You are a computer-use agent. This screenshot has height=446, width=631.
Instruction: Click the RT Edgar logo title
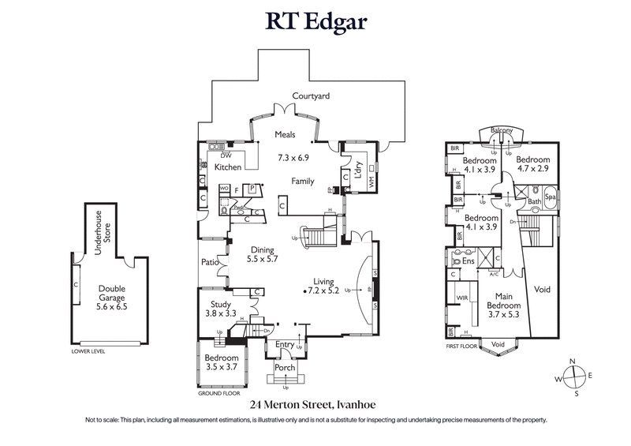(x=315, y=21)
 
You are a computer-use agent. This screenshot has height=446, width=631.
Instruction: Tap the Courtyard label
(x=311, y=96)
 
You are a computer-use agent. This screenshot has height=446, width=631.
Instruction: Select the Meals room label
(x=285, y=134)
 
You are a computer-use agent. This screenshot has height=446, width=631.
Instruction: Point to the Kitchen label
(x=228, y=167)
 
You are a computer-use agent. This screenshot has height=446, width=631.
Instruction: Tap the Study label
(x=219, y=303)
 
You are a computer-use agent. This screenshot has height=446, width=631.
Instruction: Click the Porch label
(x=285, y=369)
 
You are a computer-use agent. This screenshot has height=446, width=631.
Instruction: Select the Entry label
(x=284, y=344)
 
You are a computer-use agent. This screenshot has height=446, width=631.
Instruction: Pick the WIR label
(x=464, y=298)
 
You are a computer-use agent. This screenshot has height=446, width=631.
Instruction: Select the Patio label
(x=209, y=261)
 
